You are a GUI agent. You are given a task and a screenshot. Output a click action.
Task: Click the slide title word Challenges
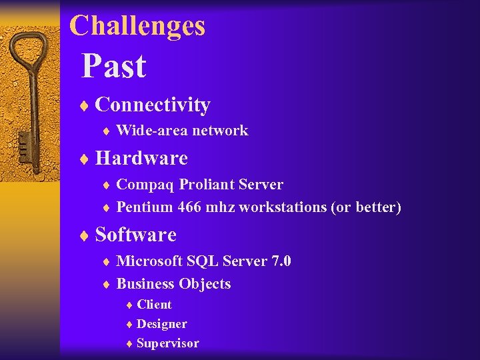click(x=137, y=26)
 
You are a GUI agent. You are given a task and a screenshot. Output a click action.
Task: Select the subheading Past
click(x=113, y=66)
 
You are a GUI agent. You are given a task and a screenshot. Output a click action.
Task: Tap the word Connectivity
click(x=153, y=105)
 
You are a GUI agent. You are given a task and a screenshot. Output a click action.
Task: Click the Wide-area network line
click(x=182, y=131)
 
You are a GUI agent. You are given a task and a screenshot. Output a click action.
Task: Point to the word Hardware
click(x=141, y=158)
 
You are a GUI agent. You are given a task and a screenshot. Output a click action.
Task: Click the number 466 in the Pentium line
click(x=191, y=207)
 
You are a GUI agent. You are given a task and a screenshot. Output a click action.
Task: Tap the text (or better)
click(x=366, y=207)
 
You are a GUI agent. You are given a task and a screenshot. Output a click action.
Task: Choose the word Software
click(x=136, y=235)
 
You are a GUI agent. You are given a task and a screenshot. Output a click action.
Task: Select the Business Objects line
click(x=173, y=284)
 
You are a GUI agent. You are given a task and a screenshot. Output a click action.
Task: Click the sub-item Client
click(x=154, y=305)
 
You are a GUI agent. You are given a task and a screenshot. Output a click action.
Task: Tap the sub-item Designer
click(x=161, y=324)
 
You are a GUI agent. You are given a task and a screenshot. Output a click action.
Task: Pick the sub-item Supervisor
click(x=167, y=343)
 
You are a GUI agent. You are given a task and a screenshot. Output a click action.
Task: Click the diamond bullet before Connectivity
click(x=85, y=105)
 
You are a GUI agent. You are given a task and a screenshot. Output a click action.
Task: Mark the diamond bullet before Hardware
click(x=85, y=159)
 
